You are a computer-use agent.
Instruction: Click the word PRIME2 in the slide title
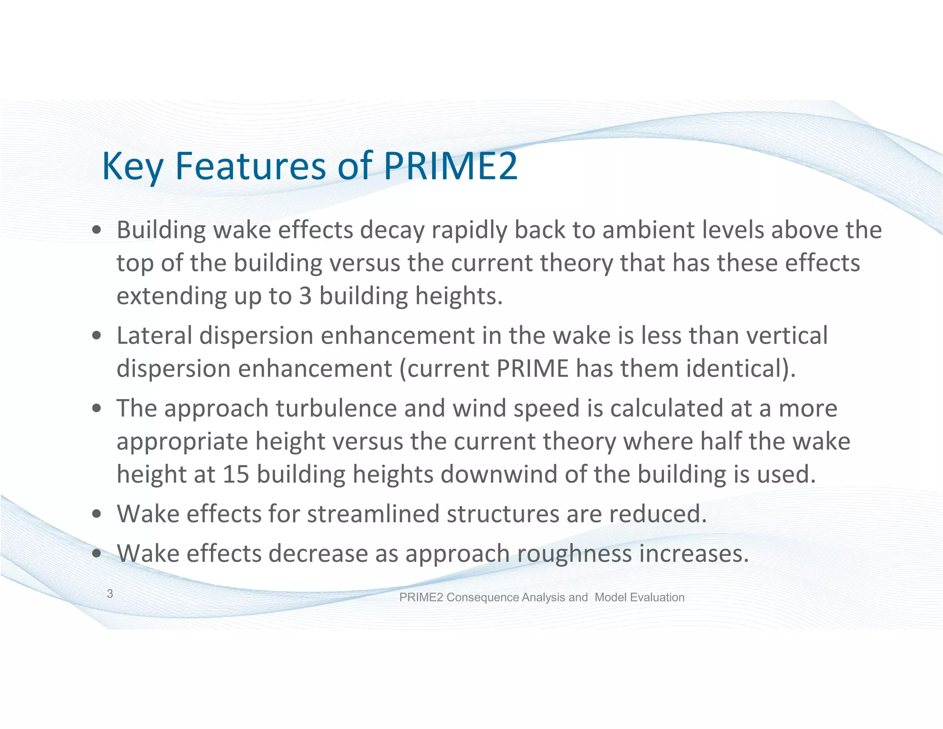pos(450,166)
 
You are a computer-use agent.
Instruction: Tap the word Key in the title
pos(132,167)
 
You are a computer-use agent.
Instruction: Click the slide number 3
pos(110,594)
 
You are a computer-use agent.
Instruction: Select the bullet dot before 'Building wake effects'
pos(96,230)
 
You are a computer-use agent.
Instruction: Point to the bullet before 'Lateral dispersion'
pos(96,335)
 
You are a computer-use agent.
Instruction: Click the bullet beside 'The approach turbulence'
pos(96,408)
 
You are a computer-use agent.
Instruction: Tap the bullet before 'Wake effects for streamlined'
pos(96,514)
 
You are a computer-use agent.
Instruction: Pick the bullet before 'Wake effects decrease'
pos(96,553)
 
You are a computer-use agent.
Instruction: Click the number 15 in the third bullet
pos(236,474)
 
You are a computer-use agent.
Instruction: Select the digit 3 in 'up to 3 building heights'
pos(305,296)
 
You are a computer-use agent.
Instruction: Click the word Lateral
pos(154,335)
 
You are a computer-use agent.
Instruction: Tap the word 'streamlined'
pos(373,514)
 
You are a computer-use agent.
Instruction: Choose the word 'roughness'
pos(574,553)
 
